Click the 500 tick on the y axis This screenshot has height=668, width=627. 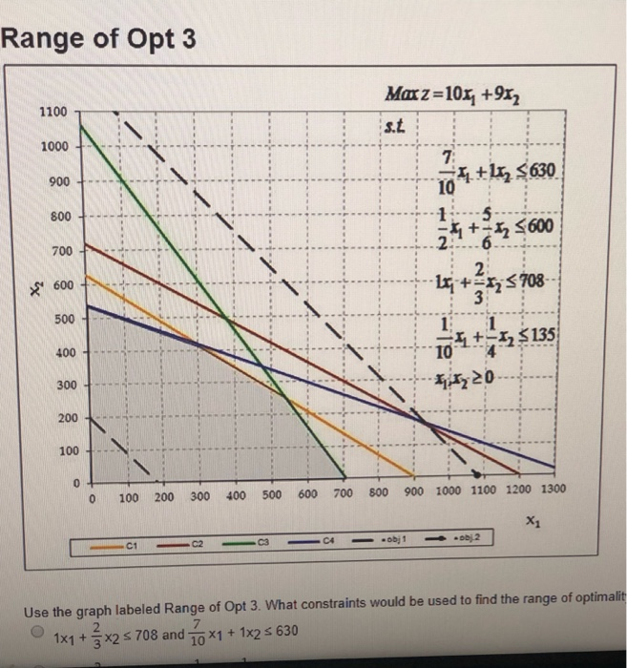click(x=59, y=318)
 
